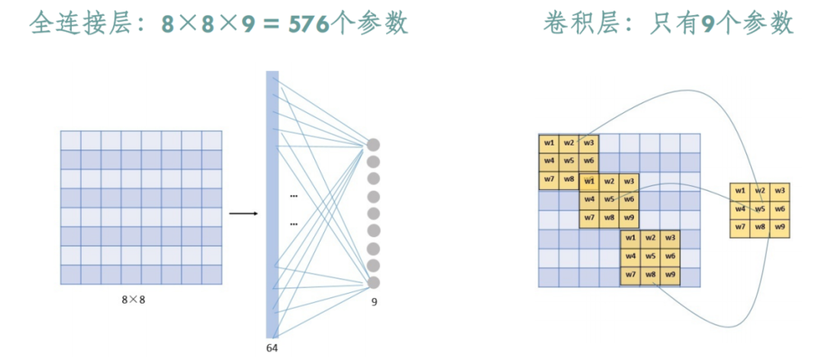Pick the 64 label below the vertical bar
[272, 347]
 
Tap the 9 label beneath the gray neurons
[374, 302]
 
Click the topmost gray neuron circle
[373, 144]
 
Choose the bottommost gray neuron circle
[373, 283]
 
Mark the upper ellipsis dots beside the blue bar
[294, 196]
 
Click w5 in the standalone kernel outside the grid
[760, 208]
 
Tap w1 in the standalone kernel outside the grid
[740, 190]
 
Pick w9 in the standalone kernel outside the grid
[780, 227]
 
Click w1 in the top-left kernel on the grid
[549, 142]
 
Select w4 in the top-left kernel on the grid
[549, 161]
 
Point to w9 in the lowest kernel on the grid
[670, 275]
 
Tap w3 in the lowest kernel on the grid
[670, 237]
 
